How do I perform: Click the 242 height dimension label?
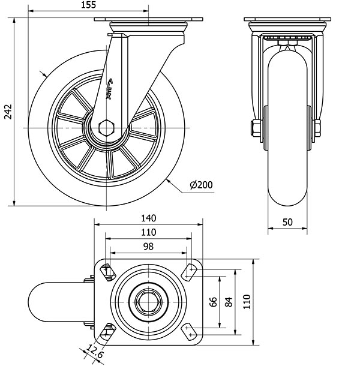pos(7,112)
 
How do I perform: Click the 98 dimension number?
pos(148,246)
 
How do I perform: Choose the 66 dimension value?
pos(214,301)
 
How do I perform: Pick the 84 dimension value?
pos(228,301)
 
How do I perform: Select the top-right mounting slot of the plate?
pos(191,271)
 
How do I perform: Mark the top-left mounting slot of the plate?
pos(108,272)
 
